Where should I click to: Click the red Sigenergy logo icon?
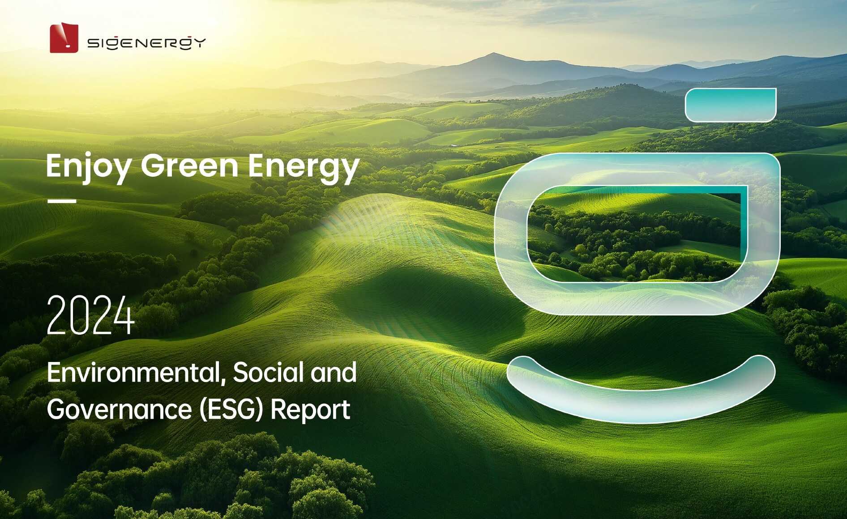(x=64, y=38)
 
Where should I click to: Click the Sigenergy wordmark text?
(x=146, y=43)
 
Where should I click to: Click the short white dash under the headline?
(x=62, y=201)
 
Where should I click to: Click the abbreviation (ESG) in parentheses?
(x=231, y=410)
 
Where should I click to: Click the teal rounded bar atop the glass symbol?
(x=731, y=105)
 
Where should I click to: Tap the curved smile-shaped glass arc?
(x=641, y=405)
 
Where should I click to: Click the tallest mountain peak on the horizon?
(x=493, y=54)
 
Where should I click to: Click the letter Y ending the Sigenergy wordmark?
(x=200, y=43)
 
